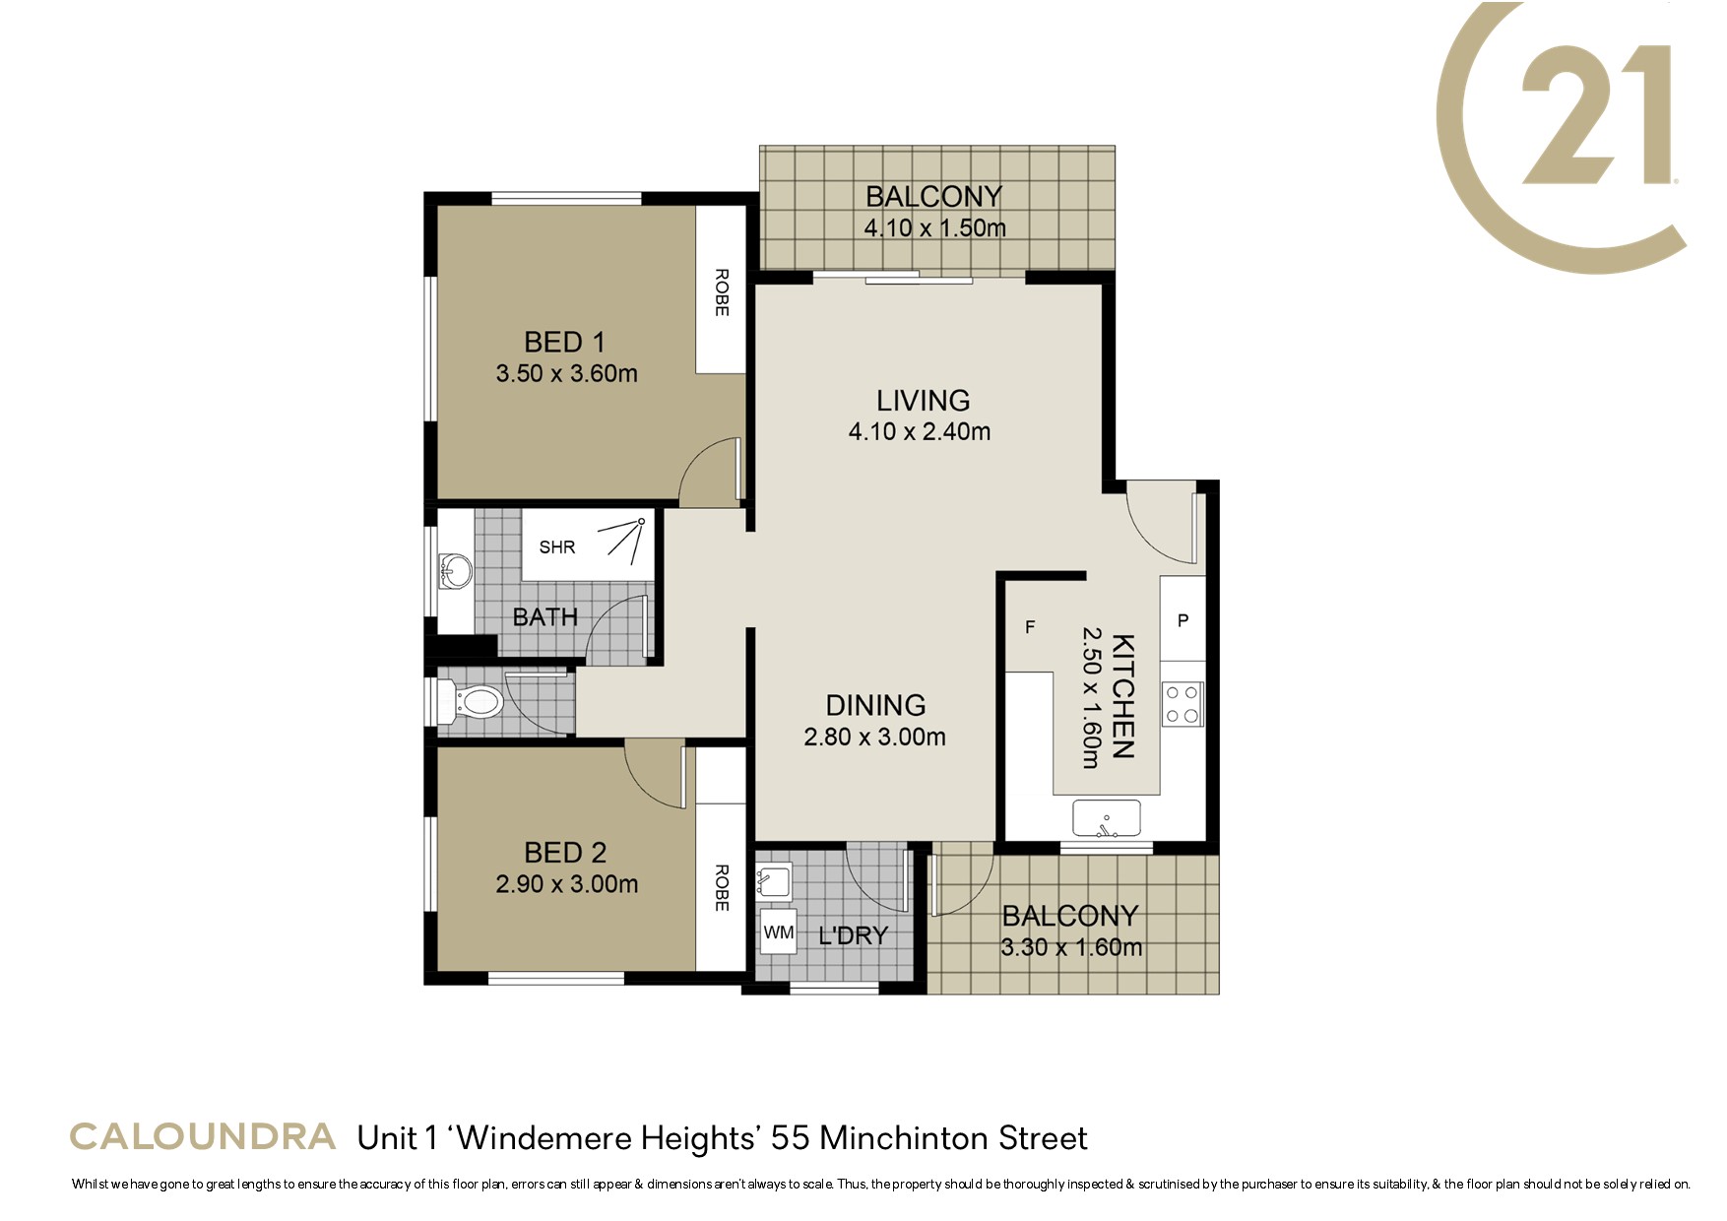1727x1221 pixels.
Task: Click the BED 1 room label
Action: pyautogui.click(x=564, y=343)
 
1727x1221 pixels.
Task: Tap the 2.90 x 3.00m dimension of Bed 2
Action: pyautogui.click(x=566, y=884)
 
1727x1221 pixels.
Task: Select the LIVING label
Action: pyautogui.click(x=924, y=401)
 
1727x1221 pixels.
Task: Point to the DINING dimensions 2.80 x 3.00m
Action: pyautogui.click(x=874, y=737)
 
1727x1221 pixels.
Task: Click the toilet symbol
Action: pyautogui.click(x=473, y=702)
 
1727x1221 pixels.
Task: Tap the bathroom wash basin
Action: pyautogui.click(x=455, y=571)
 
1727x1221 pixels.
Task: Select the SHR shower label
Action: pyautogui.click(x=557, y=546)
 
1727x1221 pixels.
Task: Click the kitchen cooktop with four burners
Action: pyautogui.click(x=1183, y=704)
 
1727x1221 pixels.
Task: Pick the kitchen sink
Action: pyautogui.click(x=1107, y=819)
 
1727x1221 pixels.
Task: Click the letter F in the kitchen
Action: pyautogui.click(x=1030, y=627)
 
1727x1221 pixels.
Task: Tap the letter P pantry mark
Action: pyautogui.click(x=1183, y=620)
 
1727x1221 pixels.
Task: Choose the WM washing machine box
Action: pyautogui.click(x=779, y=932)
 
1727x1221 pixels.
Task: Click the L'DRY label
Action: pyautogui.click(x=854, y=935)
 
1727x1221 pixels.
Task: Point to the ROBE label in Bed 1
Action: pyautogui.click(x=722, y=292)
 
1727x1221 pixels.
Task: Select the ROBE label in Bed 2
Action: pyautogui.click(x=722, y=887)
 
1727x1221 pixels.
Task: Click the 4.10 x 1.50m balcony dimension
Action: pyautogui.click(x=935, y=228)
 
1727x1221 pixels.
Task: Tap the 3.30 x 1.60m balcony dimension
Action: pyautogui.click(x=1071, y=948)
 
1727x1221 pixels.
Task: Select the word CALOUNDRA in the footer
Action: pyautogui.click(x=203, y=1136)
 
